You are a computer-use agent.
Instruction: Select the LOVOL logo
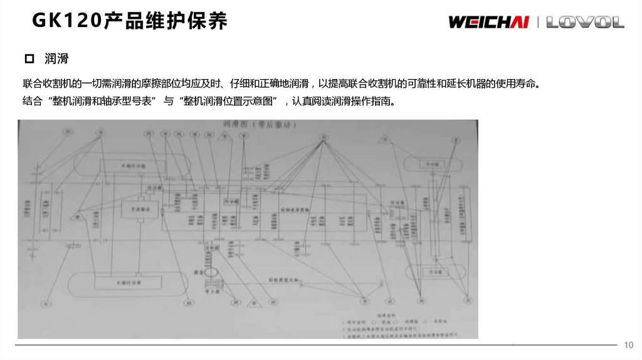[x=585, y=23]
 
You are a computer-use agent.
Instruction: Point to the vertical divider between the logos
[x=538, y=23]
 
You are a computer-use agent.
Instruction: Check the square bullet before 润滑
[x=28, y=60]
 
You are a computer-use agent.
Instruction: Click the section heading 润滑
[x=56, y=60]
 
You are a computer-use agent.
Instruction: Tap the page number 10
[x=629, y=346]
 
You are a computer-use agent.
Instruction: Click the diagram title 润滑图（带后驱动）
[x=251, y=124]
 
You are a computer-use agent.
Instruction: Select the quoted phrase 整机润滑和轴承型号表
[x=97, y=101]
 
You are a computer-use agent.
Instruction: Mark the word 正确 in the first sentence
[x=285, y=84]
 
